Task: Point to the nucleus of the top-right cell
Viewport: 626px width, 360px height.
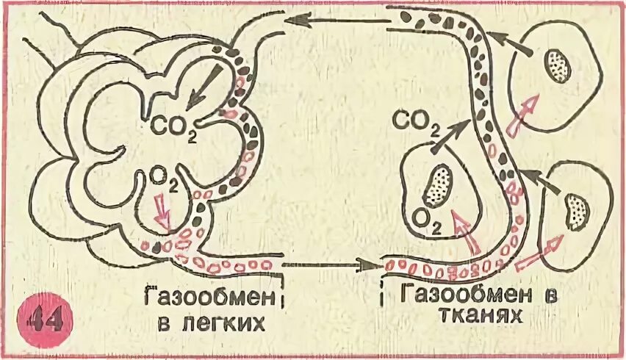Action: [x=558, y=67]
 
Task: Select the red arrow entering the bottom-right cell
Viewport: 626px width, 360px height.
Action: [x=540, y=250]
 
